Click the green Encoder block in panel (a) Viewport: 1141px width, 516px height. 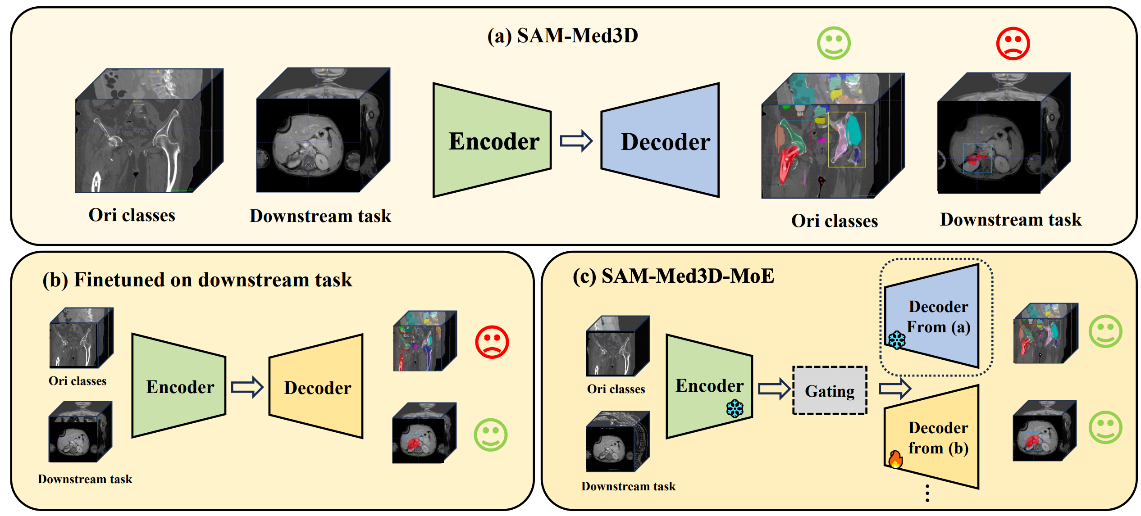point(491,140)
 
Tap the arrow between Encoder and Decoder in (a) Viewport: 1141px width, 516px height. point(576,141)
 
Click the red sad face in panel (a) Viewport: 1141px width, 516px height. point(1013,44)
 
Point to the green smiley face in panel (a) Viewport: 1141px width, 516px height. point(834,43)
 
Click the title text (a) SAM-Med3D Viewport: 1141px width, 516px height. point(562,36)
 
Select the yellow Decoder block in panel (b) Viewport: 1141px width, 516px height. point(317,386)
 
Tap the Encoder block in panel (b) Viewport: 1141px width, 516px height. point(179,386)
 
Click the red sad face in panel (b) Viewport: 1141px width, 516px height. point(492,342)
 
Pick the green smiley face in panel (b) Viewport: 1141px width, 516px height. point(490,435)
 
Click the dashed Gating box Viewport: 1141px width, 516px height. point(830,391)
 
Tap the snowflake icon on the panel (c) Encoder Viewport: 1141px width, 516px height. point(735,408)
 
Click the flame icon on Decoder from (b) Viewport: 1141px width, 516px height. point(895,459)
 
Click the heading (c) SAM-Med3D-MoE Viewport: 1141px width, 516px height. point(673,276)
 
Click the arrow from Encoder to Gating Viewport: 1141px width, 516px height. point(774,389)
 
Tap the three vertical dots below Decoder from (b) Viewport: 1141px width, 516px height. point(927,493)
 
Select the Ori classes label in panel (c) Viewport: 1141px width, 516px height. point(616,389)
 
